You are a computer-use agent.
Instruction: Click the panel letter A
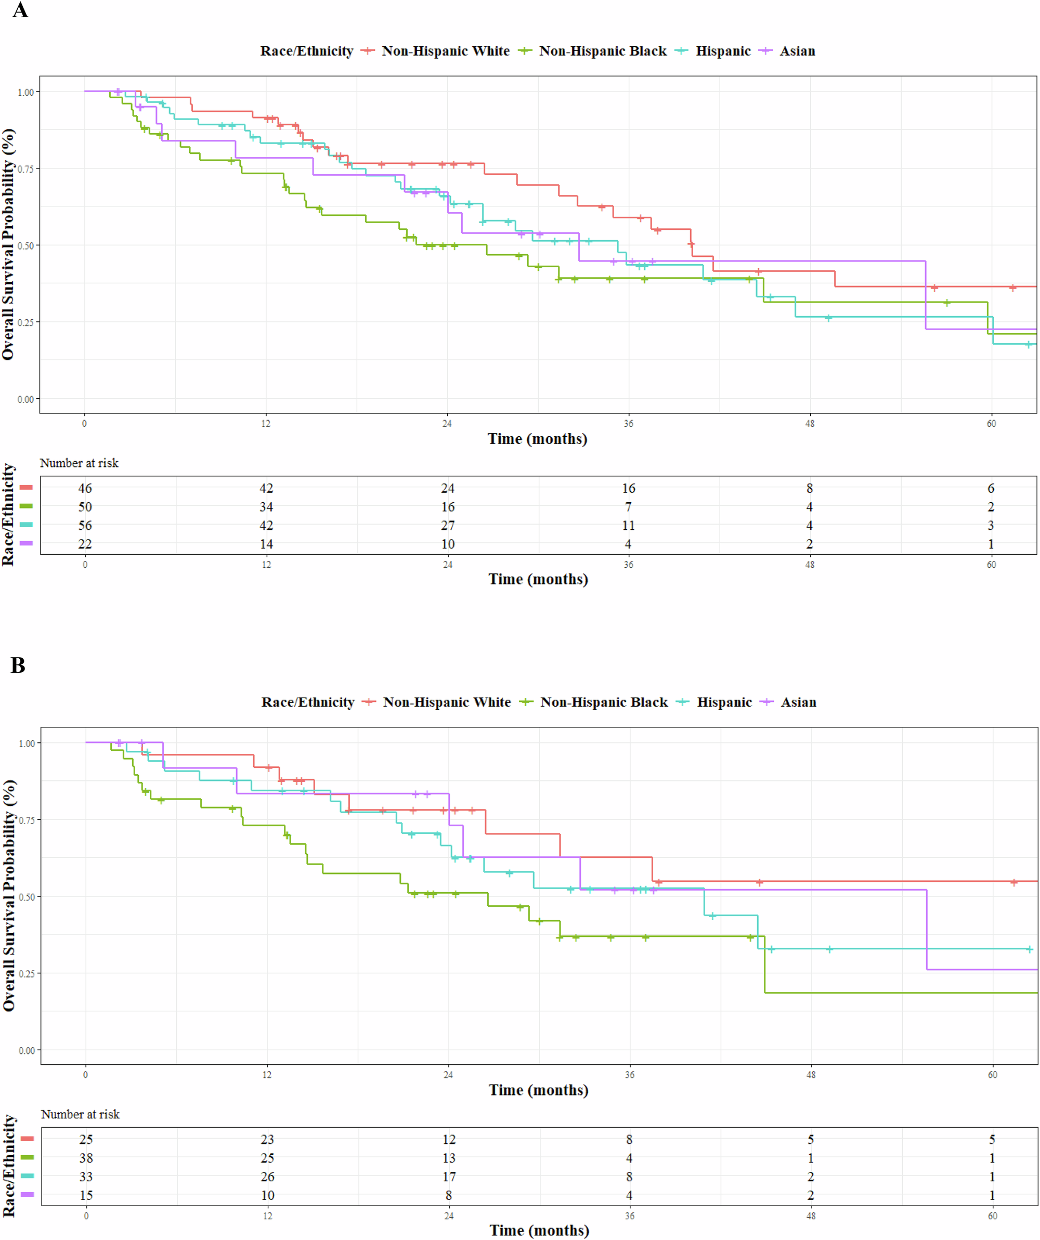[x=20, y=10]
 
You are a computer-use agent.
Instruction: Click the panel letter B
[x=18, y=665]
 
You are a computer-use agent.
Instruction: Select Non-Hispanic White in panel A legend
[x=445, y=51]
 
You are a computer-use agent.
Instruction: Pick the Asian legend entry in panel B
[x=798, y=702]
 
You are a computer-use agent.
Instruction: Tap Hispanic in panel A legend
[x=723, y=51]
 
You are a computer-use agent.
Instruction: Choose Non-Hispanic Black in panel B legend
[x=604, y=702]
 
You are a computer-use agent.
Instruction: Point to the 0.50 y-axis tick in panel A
[x=26, y=245]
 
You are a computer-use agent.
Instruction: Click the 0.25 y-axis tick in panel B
[x=27, y=973]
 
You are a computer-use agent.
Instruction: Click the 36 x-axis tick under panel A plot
[x=628, y=423]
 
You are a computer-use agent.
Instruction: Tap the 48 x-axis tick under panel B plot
[x=811, y=1075]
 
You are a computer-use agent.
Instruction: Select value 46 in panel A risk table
[x=85, y=488]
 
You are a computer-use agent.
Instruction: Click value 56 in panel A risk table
[x=85, y=526]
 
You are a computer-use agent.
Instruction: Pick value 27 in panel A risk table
[x=448, y=526]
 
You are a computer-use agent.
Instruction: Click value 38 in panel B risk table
[x=86, y=1158]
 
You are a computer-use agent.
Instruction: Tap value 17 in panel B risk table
[x=449, y=1177]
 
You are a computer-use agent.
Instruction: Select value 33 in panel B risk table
[x=86, y=1177]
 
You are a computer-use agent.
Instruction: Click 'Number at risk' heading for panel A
[x=79, y=463]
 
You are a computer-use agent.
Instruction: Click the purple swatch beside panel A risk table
[x=26, y=543]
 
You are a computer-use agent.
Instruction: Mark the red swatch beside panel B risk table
[x=27, y=1139]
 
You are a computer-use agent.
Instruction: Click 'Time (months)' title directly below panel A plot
[x=538, y=439]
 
